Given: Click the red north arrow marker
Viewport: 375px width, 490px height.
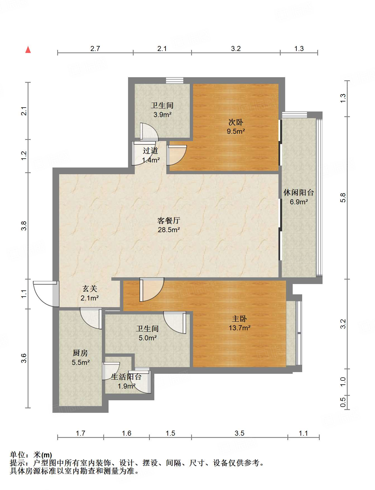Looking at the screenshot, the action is (28, 50).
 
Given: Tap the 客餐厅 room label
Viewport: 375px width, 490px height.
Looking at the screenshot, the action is (169, 221).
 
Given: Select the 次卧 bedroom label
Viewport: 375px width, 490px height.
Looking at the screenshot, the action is (236, 122).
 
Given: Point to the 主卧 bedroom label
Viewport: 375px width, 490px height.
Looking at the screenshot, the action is (239, 319).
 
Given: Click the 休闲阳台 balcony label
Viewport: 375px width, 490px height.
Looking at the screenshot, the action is (299, 192).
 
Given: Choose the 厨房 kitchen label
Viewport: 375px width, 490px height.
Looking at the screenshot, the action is (80, 353).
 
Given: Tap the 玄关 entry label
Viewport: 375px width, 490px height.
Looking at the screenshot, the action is (90, 288).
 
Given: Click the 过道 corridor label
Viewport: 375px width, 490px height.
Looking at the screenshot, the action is (150, 151).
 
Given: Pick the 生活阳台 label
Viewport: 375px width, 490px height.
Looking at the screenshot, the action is (126, 377).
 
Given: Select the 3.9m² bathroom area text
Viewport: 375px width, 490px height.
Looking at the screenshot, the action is (162, 115).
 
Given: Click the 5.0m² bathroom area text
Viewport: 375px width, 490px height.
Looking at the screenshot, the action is (148, 338).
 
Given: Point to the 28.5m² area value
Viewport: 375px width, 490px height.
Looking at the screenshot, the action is (169, 230).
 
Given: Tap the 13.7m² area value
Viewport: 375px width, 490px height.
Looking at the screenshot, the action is (239, 328).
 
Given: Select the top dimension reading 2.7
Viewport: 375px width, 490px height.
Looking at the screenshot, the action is (95, 48).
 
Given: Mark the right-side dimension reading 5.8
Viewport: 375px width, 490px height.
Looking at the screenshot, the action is (343, 198).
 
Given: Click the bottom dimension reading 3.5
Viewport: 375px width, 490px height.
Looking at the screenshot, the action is (239, 433).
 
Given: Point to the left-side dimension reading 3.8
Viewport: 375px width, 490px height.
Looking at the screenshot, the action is (24, 225).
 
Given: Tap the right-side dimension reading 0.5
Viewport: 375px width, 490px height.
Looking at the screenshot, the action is (343, 402).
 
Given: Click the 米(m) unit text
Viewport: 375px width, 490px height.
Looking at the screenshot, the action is (42, 455).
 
